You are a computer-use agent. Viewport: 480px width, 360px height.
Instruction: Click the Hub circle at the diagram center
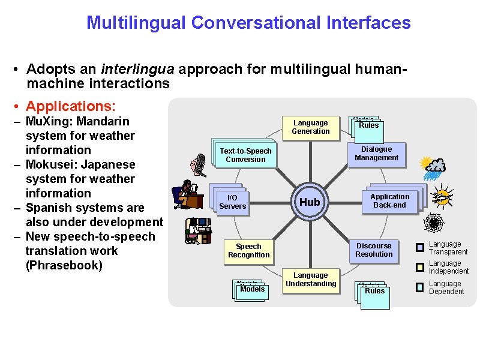[x=310, y=202]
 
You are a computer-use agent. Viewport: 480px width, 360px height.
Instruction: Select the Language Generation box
[x=310, y=127]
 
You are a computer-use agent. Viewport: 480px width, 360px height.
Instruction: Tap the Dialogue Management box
[x=376, y=154]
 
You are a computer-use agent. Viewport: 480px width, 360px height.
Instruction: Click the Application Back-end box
[x=389, y=201]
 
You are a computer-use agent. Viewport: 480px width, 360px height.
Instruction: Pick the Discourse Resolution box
[x=374, y=250]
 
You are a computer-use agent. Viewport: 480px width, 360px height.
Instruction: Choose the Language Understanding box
[x=311, y=280]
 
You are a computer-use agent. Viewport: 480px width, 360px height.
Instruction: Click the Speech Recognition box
[x=248, y=251]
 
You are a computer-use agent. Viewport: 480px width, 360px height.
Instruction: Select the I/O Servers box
[x=232, y=202]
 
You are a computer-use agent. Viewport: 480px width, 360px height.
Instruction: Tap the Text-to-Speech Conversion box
[x=245, y=155]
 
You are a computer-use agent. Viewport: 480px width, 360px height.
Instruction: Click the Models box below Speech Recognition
[x=252, y=289]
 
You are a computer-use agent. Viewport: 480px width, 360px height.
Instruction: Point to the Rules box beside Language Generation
[x=368, y=125]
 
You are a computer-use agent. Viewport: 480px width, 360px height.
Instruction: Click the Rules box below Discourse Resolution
[x=375, y=291]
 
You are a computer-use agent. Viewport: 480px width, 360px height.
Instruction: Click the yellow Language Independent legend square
[x=420, y=266]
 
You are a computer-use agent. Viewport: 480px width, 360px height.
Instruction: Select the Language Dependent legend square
[x=420, y=287]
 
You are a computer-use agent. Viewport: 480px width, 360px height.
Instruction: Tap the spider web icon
[x=433, y=224]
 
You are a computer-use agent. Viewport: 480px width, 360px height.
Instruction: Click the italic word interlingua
[x=139, y=70]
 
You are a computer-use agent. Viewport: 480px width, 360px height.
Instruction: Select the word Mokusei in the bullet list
[x=49, y=164]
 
